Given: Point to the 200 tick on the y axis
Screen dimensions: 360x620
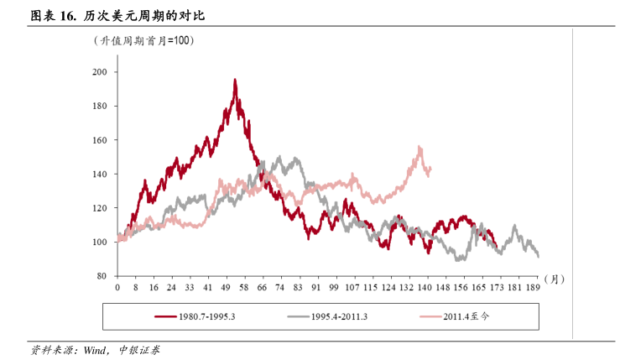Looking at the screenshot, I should (100, 72).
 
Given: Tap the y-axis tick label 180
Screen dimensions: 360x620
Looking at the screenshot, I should (100, 107).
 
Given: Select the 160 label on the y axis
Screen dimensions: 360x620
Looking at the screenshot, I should (100, 140).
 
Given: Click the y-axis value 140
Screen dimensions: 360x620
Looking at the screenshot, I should (100, 175).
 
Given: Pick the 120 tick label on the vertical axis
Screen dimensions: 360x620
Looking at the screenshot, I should (100, 208).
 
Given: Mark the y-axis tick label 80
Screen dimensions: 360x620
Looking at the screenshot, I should (102, 276).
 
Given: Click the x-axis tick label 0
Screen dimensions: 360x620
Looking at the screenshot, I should (117, 287).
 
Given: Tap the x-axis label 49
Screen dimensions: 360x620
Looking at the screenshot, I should (226, 287).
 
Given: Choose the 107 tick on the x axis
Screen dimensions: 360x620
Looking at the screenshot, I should (352, 287).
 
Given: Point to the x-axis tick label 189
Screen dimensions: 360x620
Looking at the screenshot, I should (532, 287).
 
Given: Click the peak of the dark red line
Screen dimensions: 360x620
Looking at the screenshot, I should (235, 80).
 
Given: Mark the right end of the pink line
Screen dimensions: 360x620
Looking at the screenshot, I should (430, 168).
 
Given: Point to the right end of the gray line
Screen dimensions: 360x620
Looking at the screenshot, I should (538, 257).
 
